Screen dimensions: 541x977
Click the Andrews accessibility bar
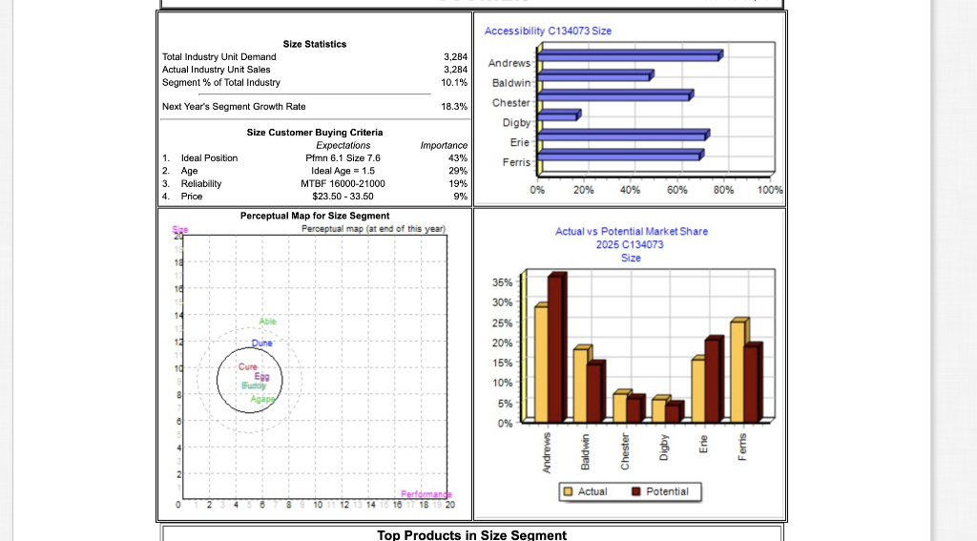pyautogui.click(x=630, y=56)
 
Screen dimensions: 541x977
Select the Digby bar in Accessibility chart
pyautogui.click(x=559, y=116)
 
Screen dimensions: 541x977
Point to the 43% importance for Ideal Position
pyautogui.click(x=457, y=157)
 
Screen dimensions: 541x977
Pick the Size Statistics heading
pyautogui.click(x=315, y=44)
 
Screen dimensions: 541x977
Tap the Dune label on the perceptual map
pyautogui.click(x=262, y=342)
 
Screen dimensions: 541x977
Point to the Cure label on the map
pyautogui.click(x=248, y=367)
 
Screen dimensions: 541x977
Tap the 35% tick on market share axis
pyautogui.click(x=503, y=282)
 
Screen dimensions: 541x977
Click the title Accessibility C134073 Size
pyautogui.click(x=548, y=31)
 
